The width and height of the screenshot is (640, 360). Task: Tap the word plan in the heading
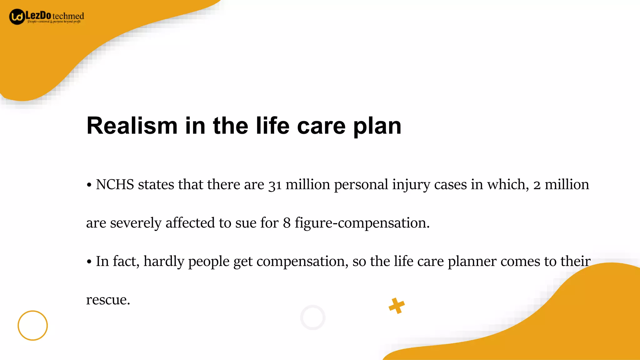point(377,126)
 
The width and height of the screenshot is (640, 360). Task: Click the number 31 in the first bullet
point(275,185)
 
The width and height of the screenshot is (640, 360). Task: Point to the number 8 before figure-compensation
point(287,223)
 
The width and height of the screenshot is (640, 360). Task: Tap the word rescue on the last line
point(107,300)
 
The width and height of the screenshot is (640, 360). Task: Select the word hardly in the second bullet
point(164,261)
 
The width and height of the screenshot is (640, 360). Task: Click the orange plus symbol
point(397,306)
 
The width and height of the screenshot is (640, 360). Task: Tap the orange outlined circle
point(32,325)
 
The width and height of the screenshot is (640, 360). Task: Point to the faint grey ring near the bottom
point(312,317)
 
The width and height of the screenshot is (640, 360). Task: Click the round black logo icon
point(17,17)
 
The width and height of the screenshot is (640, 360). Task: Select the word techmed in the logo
point(68,16)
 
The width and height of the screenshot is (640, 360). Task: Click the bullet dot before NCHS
point(89,185)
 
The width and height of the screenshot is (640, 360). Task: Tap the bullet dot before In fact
point(89,262)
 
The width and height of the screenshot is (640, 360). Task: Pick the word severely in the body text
point(136,223)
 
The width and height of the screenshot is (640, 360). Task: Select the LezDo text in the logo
point(38,15)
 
